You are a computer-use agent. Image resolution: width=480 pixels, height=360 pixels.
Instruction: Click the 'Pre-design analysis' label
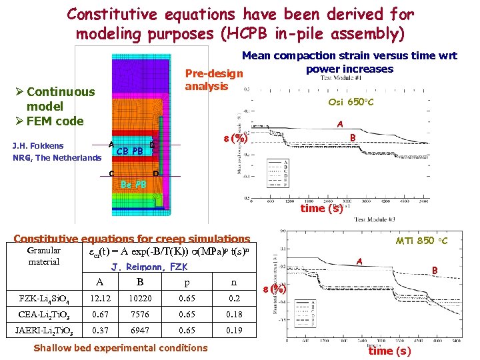[x=213, y=79]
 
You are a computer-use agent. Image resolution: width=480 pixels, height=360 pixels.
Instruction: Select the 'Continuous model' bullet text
[x=54, y=99]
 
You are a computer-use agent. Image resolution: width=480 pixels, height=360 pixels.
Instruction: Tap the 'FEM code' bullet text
[x=55, y=121]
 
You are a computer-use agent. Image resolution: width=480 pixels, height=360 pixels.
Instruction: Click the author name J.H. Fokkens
[x=38, y=145]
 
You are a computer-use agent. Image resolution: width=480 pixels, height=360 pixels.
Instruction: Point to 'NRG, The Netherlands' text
[x=57, y=158]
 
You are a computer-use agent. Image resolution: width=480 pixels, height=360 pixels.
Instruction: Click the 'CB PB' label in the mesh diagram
[x=129, y=151]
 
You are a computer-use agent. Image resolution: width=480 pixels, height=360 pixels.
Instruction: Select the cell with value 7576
[x=139, y=315]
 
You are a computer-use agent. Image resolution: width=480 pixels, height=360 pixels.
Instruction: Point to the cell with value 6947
[x=139, y=329]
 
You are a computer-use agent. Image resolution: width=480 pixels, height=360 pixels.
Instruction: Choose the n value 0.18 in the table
[x=233, y=315]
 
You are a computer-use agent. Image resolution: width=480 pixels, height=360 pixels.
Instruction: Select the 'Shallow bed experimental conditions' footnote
[x=120, y=347]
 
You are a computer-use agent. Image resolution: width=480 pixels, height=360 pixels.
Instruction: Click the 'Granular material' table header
[x=44, y=256]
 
